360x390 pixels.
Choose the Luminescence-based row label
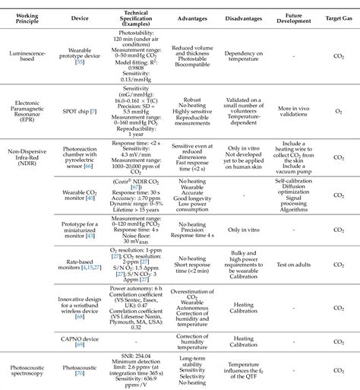point(29,55)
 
